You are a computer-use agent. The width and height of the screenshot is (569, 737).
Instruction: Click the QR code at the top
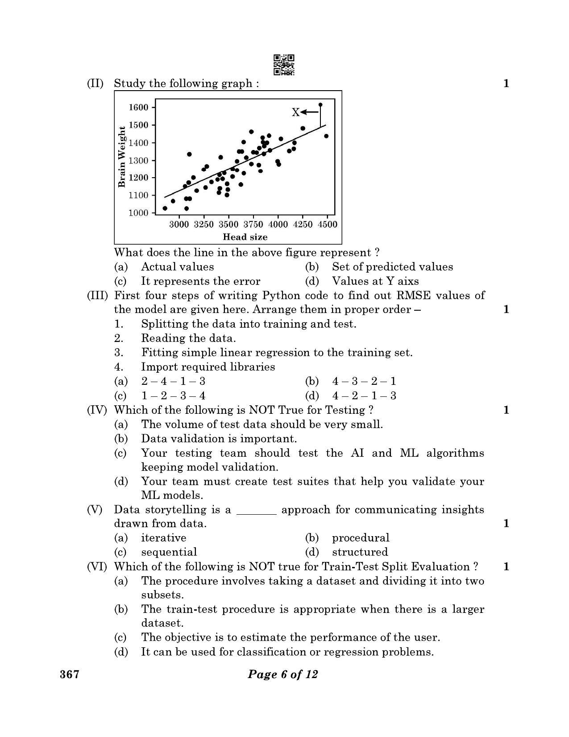284,65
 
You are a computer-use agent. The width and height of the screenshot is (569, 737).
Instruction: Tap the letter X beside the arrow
295,112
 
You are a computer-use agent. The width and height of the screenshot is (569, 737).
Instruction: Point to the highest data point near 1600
320,105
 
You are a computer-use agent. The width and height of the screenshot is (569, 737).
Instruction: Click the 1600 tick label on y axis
138,107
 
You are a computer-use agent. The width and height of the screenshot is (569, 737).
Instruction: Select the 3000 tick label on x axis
179,225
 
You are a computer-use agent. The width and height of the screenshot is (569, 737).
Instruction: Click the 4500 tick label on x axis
328,225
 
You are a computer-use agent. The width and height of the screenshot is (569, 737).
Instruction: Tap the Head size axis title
245,237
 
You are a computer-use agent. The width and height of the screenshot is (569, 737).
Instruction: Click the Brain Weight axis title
121,157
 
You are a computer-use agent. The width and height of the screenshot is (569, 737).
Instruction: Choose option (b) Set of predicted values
392,267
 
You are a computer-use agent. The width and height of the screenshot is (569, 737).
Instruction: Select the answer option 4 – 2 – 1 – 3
364,396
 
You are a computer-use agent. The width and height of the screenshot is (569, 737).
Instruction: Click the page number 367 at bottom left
70,674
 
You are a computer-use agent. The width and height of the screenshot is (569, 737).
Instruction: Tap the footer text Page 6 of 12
283,674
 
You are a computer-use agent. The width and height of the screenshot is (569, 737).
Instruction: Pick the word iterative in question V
163,538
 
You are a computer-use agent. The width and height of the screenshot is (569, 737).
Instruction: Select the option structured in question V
360,552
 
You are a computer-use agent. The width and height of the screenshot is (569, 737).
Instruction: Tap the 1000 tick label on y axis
138,213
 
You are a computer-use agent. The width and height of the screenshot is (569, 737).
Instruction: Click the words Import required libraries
208,367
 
